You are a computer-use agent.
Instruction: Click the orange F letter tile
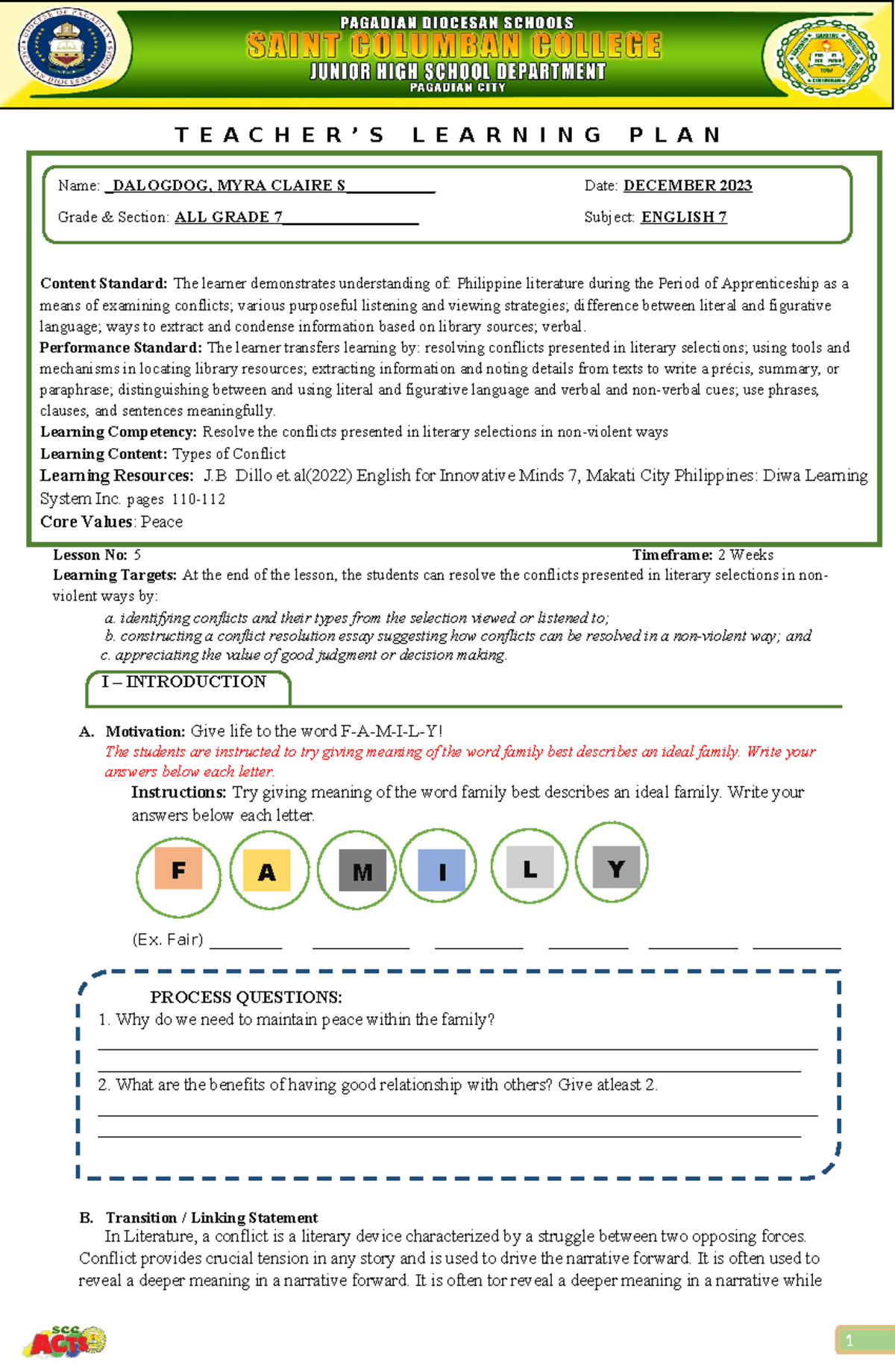pyautogui.click(x=178, y=869)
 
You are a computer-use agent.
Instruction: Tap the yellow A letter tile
pyautogui.click(x=266, y=871)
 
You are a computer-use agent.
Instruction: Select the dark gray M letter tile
pyautogui.click(x=362, y=871)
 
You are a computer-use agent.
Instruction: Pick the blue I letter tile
pyautogui.click(x=442, y=870)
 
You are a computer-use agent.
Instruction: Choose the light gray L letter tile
pyautogui.click(x=530, y=867)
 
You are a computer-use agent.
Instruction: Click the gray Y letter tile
pyautogui.click(x=616, y=867)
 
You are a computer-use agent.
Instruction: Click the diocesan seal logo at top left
pyautogui.click(x=67, y=50)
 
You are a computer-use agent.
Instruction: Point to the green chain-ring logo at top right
pyautogui.click(x=826, y=57)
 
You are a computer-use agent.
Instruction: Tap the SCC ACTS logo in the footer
pyautogui.click(x=66, y=1342)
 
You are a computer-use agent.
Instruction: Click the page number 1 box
pyautogui.click(x=864, y=1340)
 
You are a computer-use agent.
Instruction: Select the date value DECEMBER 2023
pyautogui.click(x=687, y=185)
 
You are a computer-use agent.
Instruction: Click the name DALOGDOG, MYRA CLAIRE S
pyautogui.click(x=229, y=185)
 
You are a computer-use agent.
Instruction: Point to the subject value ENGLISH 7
pyautogui.click(x=684, y=217)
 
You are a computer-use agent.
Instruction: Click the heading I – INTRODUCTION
pyautogui.click(x=183, y=681)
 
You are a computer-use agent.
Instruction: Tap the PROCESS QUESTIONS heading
pyautogui.click(x=246, y=997)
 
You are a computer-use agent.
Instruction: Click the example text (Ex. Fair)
pyautogui.click(x=168, y=939)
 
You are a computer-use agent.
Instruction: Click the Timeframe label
pyautogui.click(x=672, y=555)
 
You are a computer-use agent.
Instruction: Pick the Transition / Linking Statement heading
pyautogui.click(x=212, y=1217)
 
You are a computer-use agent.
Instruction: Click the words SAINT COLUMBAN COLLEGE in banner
pyautogui.click(x=454, y=46)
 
